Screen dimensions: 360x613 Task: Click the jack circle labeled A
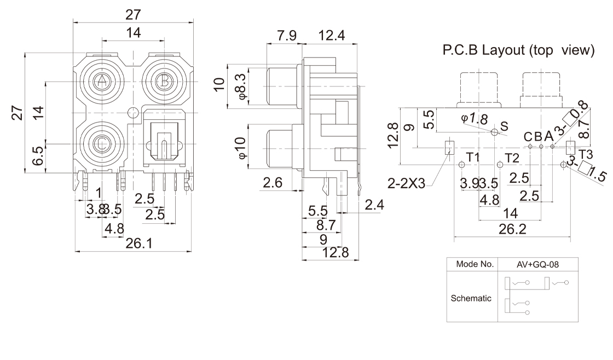[102, 82]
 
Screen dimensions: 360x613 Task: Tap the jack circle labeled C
[102, 143]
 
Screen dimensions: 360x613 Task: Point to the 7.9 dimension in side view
[287, 37]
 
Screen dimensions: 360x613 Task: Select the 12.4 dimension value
[332, 37]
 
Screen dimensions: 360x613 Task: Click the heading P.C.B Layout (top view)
[518, 51]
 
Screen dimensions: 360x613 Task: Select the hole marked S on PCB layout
[495, 132]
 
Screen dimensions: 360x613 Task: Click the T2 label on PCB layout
[512, 158]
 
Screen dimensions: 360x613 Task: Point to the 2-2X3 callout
[406, 184]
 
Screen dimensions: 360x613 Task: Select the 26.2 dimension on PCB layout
[512, 229]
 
